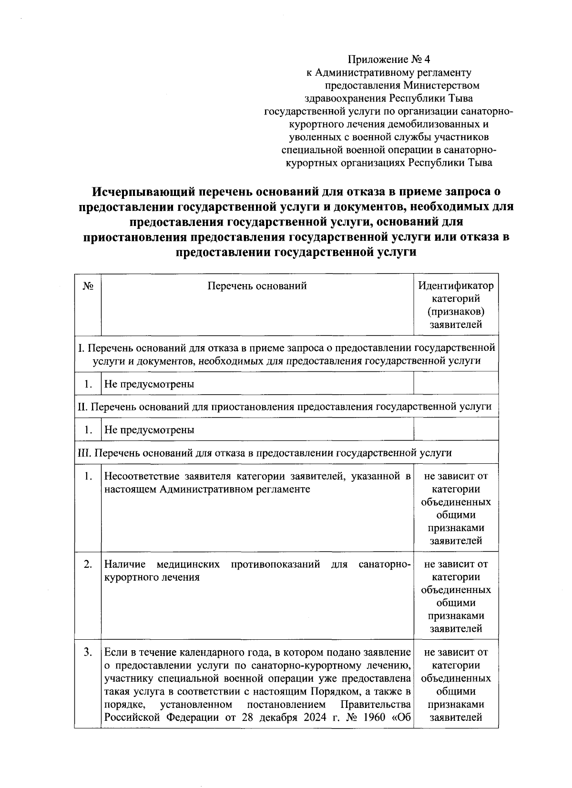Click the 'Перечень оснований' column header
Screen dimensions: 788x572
tap(257, 286)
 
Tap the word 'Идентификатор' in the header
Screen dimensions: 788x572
tap(456, 286)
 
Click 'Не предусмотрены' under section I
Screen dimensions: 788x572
tap(149, 384)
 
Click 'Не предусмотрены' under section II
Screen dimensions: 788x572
tap(149, 430)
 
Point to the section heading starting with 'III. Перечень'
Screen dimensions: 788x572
tap(265, 452)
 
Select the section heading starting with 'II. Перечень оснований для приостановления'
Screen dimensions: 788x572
tap(284, 407)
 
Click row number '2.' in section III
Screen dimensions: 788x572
tap(88, 564)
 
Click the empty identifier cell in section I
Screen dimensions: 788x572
tap(456, 384)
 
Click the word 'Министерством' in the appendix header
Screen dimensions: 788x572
tap(441, 86)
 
